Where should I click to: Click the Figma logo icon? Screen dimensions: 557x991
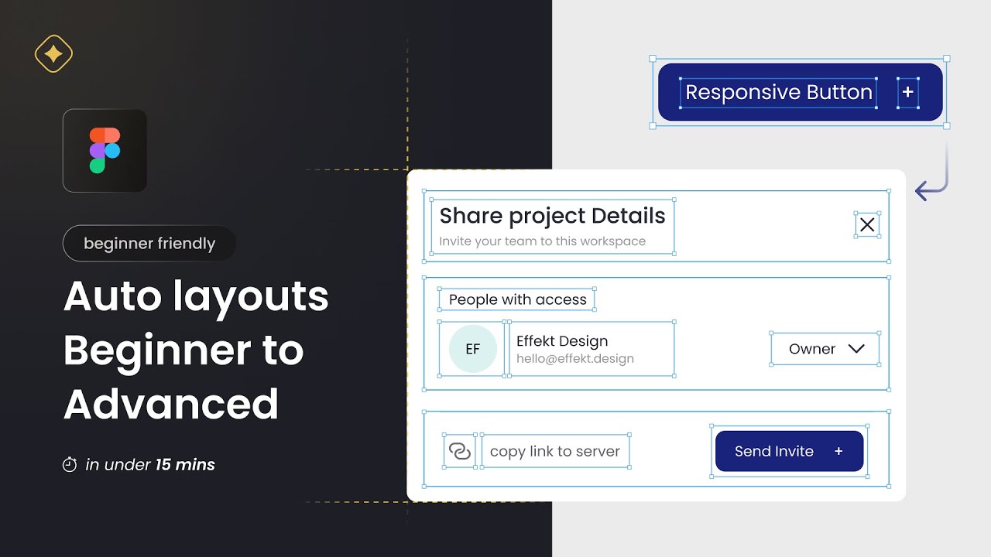[x=105, y=150]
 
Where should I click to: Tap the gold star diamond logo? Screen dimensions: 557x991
[x=53, y=55]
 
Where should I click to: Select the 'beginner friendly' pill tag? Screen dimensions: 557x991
[x=149, y=244]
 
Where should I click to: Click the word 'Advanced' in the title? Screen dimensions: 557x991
[x=171, y=404]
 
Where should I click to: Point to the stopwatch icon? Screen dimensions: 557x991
[x=70, y=465]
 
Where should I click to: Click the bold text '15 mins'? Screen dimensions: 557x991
[x=185, y=465]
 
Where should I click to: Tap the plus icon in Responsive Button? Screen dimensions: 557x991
[x=908, y=92]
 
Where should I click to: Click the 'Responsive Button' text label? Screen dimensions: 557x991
[x=779, y=93]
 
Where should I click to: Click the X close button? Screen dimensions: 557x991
[x=867, y=224]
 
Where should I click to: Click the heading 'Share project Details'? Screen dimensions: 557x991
[x=552, y=215]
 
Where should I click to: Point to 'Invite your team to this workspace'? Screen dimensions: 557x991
[x=542, y=241]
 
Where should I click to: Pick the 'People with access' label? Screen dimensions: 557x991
[x=517, y=299]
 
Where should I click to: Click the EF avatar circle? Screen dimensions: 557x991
[x=472, y=349]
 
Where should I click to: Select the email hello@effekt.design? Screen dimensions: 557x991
[x=574, y=359]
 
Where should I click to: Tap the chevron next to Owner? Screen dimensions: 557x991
[x=856, y=349]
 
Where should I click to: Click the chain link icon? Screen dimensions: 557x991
[x=460, y=451]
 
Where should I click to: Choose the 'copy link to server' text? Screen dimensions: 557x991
[x=554, y=451]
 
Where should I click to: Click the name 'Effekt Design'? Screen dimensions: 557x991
[x=561, y=341]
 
